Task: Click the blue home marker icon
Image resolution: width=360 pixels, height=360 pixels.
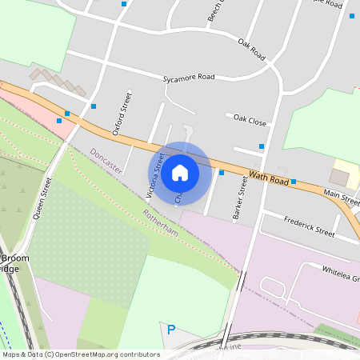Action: [180, 172]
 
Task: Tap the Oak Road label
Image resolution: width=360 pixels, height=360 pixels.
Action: [251, 48]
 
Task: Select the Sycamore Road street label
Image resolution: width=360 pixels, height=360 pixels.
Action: [189, 78]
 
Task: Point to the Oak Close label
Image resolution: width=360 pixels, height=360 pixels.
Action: [250, 119]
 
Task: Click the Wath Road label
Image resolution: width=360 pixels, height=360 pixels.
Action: [268, 175]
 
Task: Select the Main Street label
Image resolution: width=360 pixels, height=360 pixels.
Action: [341, 193]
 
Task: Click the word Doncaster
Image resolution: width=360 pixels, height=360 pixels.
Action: [106, 161]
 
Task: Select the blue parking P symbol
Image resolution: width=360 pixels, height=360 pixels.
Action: [170, 329]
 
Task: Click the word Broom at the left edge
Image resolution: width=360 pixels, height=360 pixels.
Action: [14, 258]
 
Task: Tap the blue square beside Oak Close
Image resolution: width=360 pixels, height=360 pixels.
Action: [262, 146]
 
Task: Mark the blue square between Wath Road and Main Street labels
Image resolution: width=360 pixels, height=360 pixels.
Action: [294, 182]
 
